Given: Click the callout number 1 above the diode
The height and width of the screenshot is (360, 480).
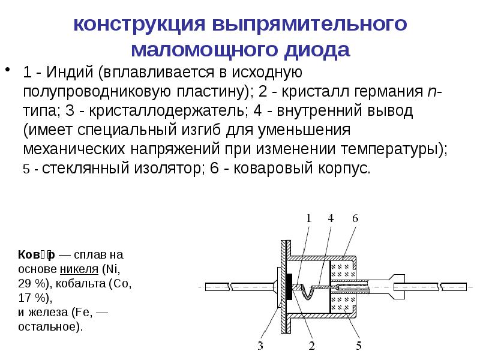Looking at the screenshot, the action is (x=309, y=219).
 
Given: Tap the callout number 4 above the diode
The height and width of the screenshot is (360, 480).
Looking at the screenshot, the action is (x=331, y=219).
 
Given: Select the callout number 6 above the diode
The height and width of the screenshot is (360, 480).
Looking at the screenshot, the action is (x=355, y=219).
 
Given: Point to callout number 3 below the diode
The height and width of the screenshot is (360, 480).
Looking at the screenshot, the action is (x=261, y=346).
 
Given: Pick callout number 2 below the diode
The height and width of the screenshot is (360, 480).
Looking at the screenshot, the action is (x=312, y=346).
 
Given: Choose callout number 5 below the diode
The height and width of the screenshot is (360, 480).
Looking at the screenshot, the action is (x=358, y=346).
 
